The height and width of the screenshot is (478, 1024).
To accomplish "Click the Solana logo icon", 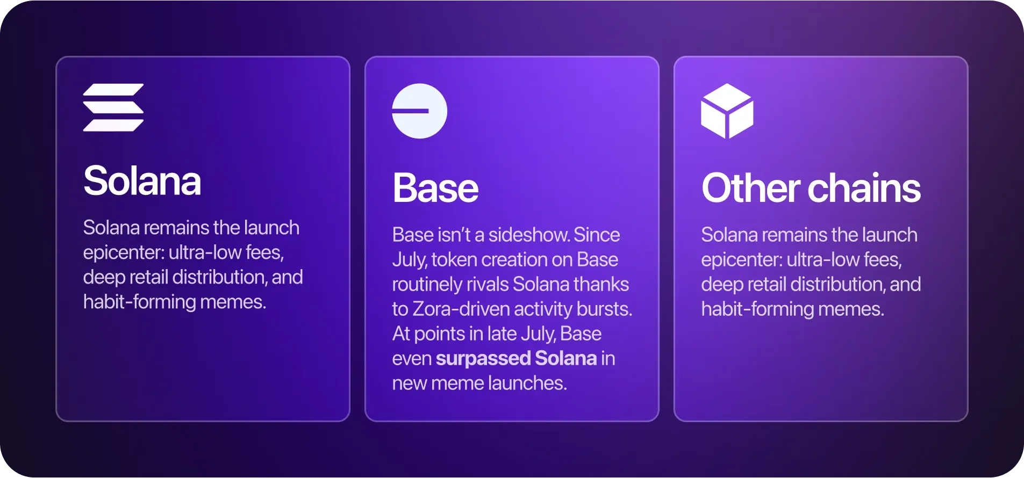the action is (x=113, y=107).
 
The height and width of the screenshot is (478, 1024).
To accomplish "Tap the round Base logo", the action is (x=419, y=111).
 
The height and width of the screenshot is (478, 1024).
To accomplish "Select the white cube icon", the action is (x=727, y=111).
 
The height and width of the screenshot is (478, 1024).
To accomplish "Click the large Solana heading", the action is (x=142, y=181).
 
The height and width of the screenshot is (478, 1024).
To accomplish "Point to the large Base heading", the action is (x=435, y=188).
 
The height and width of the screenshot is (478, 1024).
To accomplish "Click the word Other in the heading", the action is (x=751, y=188).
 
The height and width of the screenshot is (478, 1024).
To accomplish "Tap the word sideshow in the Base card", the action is (x=529, y=235).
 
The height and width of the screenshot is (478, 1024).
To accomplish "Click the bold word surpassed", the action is (x=483, y=359).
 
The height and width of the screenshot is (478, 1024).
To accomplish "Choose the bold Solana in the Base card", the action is (x=566, y=358).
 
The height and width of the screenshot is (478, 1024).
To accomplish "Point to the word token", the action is (x=454, y=259).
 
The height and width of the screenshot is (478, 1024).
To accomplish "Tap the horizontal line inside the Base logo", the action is (x=410, y=111).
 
